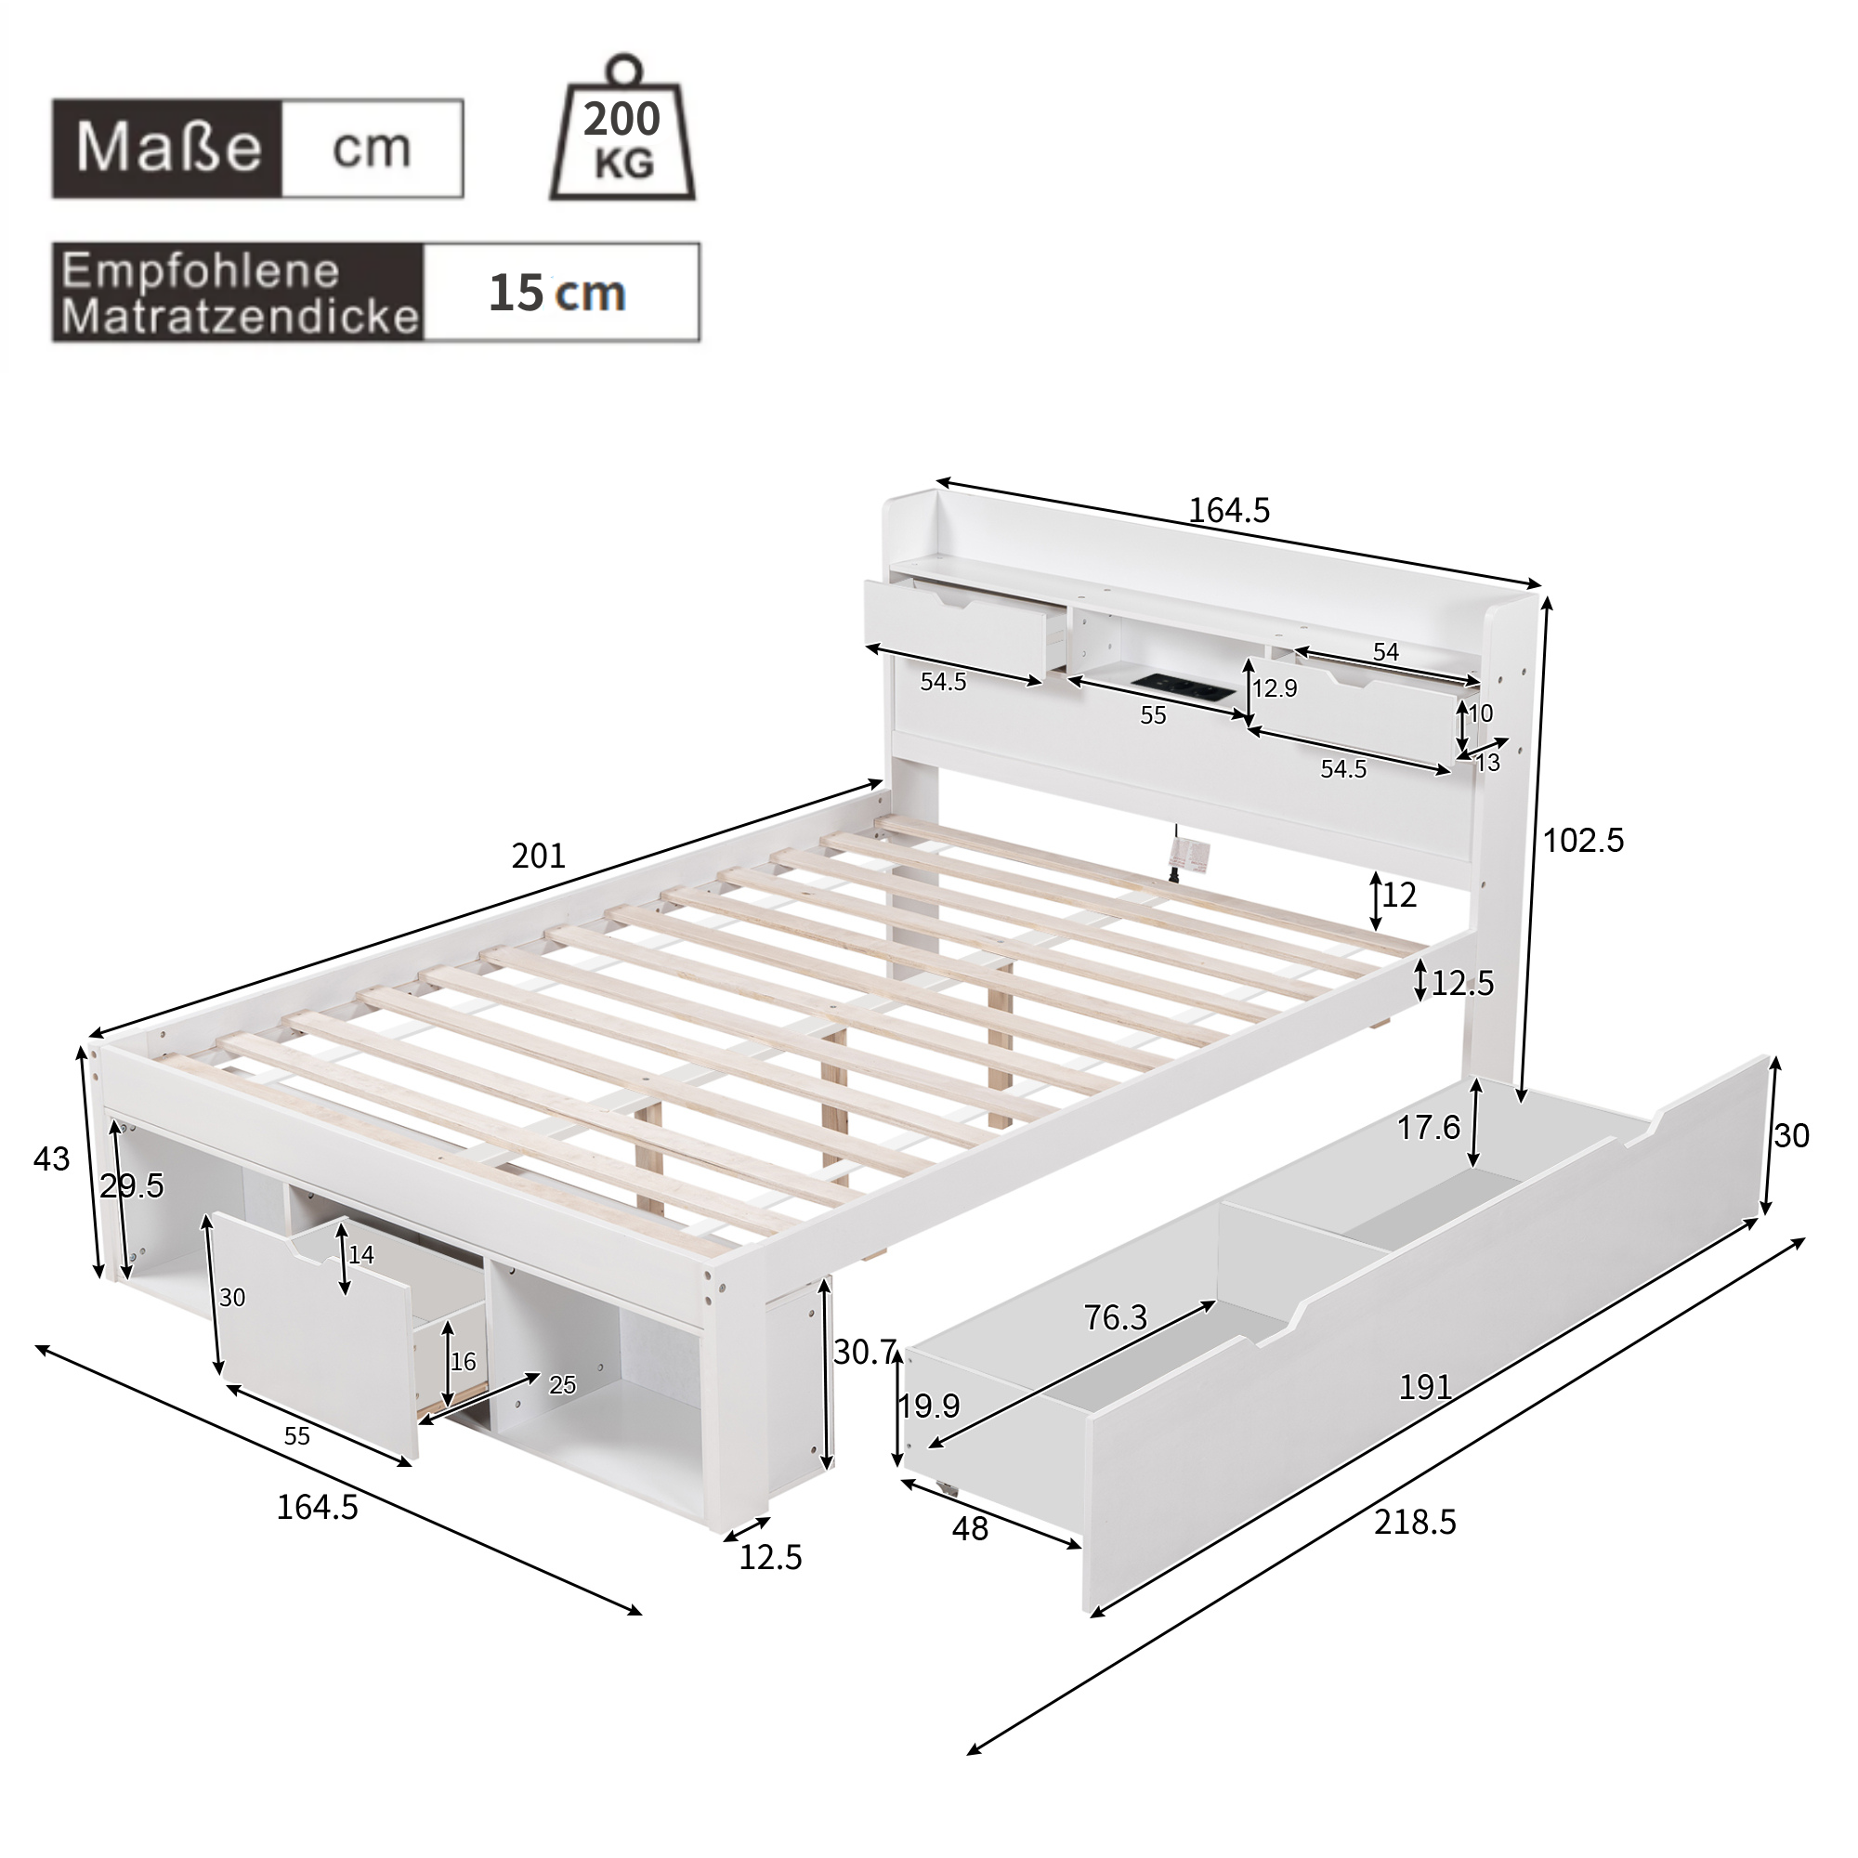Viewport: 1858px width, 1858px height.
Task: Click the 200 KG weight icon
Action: click(622, 135)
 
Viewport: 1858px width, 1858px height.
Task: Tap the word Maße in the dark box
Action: click(168, 148)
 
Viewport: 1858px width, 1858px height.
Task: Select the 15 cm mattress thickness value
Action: click(556, 293)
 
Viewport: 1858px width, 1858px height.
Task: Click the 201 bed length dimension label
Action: click(538, 855)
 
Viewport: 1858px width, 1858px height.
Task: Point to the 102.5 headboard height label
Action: click(1583, 841)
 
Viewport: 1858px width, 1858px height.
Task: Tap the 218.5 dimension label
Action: click(1415, 1523)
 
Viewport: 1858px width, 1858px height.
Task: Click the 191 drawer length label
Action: click(1424, 1386)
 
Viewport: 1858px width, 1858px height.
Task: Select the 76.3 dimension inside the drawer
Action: click(1115, 1316)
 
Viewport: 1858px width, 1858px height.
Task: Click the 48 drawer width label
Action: click(969, 1528)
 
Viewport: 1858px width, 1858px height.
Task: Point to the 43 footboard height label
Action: click(51, 1158)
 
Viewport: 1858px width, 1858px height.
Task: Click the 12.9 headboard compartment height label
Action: click(1275, 688)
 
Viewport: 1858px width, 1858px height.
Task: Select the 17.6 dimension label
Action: click(1428, 1127)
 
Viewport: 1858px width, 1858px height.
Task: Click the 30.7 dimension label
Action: click(865, 1352)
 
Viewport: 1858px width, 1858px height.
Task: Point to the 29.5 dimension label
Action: click(132, 1185)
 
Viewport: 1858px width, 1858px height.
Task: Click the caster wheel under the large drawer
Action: click(949, 1486)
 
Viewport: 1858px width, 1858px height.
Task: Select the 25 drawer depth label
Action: click(562, 1385)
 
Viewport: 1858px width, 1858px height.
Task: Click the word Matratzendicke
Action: click(241, 317)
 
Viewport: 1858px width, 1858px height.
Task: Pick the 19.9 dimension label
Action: click(929, 1406)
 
